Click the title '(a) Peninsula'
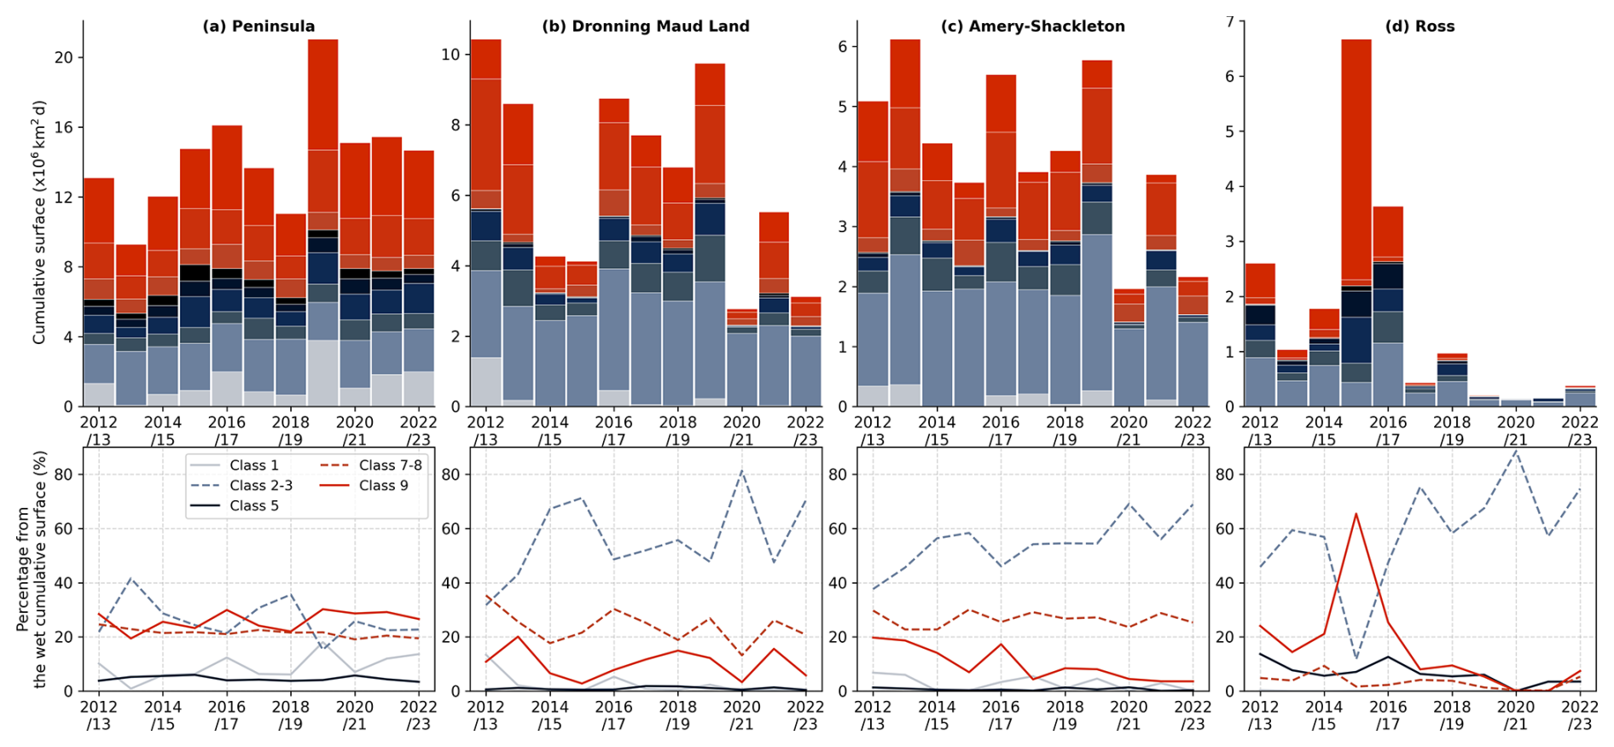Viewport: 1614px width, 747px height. tap(258, 26)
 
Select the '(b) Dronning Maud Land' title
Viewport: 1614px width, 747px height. tap(645, 26)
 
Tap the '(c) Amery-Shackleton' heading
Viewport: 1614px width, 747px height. tap(1032, 26)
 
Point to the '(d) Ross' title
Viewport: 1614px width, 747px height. tap(1420, 26)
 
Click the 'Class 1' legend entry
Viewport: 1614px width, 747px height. tap(253, 465)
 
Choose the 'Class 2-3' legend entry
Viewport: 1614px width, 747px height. tap(260, 485)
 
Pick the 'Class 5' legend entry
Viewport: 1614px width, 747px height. tap(253, 505)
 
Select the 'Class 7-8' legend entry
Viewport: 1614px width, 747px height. tap(390, 465)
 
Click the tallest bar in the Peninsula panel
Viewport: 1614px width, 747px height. tap(322, 222)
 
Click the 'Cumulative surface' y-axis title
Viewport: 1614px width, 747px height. tap(39, 222)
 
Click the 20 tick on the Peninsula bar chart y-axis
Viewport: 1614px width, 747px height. tap(64, 57)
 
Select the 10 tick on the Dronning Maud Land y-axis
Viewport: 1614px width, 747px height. tap(450, 55)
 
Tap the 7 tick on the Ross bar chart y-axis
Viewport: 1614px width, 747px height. tap(1229, 20)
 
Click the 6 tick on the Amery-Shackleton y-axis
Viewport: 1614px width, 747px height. tap(843, 46)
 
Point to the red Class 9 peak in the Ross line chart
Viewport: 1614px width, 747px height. tap(1356, 514)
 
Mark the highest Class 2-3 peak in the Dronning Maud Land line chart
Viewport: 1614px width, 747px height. tap(741, 471)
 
